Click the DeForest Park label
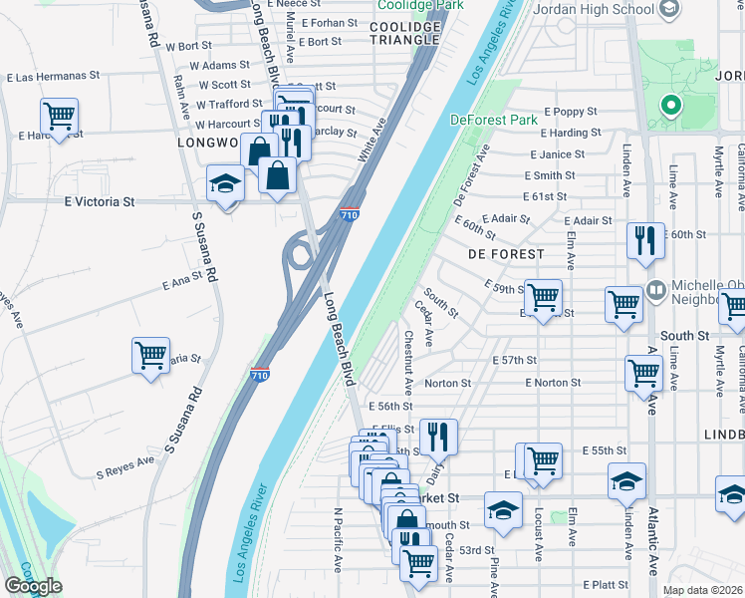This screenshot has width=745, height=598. click(493, 120)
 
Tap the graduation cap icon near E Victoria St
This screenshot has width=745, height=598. click(225, 184)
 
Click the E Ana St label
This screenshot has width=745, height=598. click(182, 283)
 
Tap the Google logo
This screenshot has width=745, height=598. click(33, 586)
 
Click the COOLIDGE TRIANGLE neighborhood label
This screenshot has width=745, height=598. click(404, 33)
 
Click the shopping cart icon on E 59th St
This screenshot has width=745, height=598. click(544, 296)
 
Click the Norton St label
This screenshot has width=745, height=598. click(447, 383)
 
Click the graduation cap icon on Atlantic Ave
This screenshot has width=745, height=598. click(627, 480)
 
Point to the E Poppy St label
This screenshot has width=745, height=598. click(570, 112)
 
